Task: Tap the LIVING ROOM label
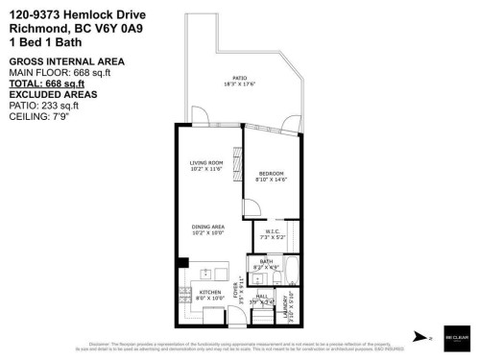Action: click(206, 165)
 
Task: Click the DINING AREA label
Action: click(206, 229)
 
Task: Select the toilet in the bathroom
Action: click(257, 279)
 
